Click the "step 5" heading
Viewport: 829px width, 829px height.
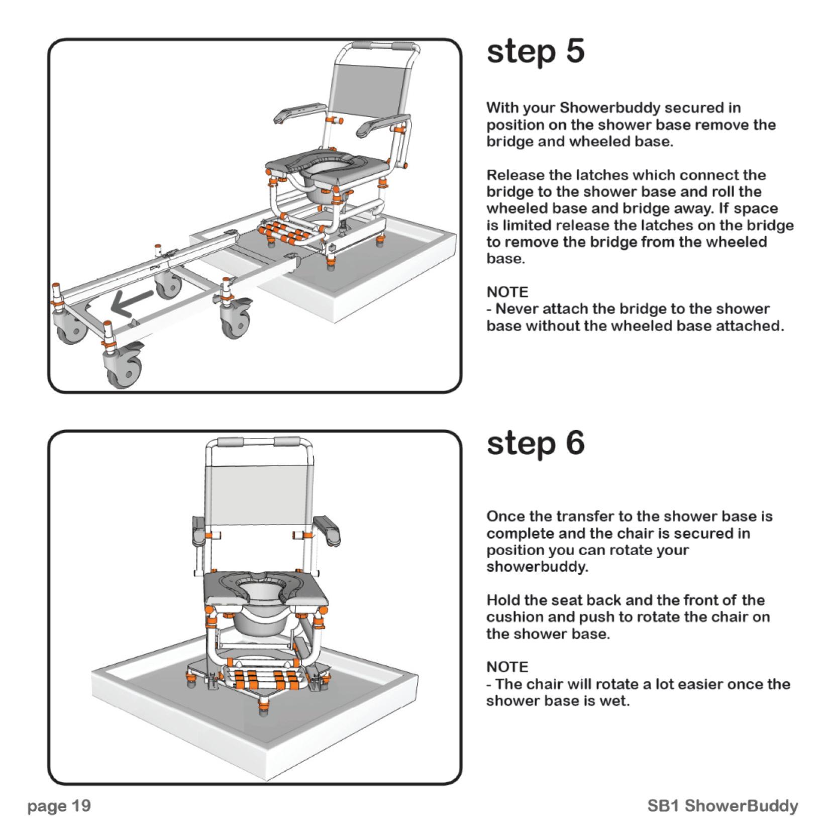[536, 52]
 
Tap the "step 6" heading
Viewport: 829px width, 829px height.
[536, 444]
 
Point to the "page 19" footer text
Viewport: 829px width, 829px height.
[59, 805]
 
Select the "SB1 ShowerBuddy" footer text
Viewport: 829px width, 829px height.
[722, 805]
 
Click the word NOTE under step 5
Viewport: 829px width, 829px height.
[507, 292]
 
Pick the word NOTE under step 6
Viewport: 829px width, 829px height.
[507, 667]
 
